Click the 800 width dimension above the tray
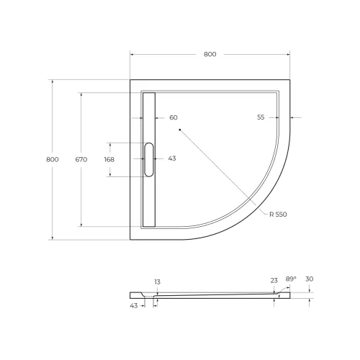click(x=210, y=55)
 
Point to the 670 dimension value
click(x=81, y=159)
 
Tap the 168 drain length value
click(x=109, y=159)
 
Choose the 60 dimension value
click(x=174, y=117)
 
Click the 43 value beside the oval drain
click(x=172, y=158)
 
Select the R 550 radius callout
click(x=279, y=215)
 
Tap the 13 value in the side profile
click(x=157, y=282)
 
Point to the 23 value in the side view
click(x=274, y=282)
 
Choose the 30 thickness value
click(x=310, y=279)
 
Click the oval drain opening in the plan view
click(x=149, y=159)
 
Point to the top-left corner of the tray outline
click(x=130, y=79)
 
